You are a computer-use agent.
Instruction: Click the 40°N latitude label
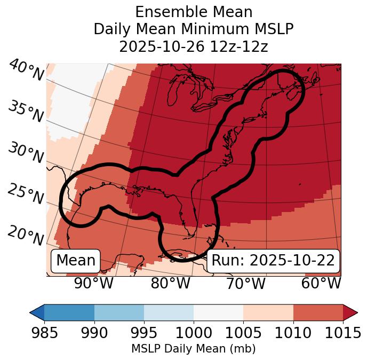pos(27,71)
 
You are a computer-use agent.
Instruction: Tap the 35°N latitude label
pos(26,111)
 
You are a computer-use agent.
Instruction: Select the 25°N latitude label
pos(26,194)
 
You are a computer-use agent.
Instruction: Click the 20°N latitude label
pos(26,235)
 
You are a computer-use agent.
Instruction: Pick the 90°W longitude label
pos(94,283)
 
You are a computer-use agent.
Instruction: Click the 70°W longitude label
pos(246,283)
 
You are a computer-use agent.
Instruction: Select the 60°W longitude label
pos(321,283)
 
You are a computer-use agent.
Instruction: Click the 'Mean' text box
pos(76,261)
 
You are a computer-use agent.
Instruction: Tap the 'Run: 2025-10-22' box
pos(273,261)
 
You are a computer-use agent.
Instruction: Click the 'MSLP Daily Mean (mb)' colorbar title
pos(194,349)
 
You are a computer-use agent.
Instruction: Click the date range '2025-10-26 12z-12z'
pos(194,46)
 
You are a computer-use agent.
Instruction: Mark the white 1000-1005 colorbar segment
pos(218,312)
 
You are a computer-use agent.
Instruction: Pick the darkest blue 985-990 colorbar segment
pos(69,312)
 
